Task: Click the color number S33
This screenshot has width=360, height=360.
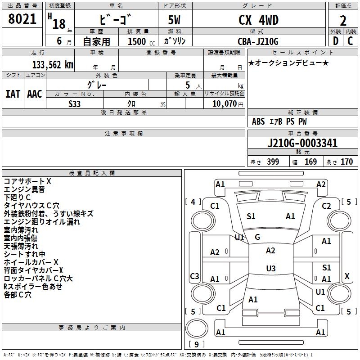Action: click(x=75, y=103)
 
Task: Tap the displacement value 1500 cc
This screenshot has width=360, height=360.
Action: click(x=141, y=41)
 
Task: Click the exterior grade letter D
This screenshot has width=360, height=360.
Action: click(x=335, y=41)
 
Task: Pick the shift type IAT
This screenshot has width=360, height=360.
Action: click(x=13, y=94)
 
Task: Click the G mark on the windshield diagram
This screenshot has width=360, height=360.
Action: click(x=257, y=237)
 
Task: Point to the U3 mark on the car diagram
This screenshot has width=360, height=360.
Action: click(x=270, y=269)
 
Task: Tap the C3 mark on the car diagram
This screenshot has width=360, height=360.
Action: click(x=195, y=276)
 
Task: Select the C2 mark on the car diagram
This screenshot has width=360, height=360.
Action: click(x=326, y=206)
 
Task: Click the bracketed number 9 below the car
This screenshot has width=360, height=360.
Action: click(x=196, y=344)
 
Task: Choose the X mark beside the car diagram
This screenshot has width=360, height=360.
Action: click(x=346, y=276)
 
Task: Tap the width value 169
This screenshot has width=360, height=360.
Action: click(x=310, y=162)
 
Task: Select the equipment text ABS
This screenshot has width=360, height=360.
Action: click(x=258, y=121)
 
